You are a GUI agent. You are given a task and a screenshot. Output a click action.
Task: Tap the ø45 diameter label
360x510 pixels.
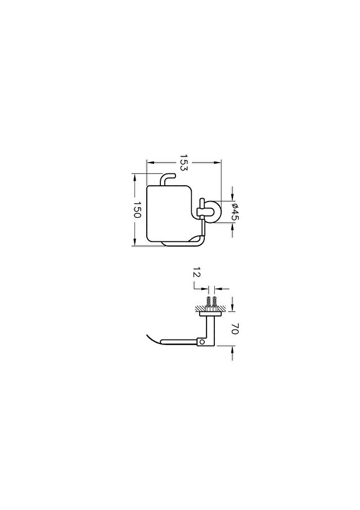pyautogui.click(x=235, y=212)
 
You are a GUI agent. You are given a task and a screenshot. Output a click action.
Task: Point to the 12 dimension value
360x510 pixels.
pyautogui.click(x=197, y=272)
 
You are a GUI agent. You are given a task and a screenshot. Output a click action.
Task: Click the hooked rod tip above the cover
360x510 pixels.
pyautogui.click(x=174, y=176)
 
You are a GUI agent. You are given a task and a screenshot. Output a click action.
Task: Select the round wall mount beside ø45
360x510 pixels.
pyautogui.click(x=215, y=212)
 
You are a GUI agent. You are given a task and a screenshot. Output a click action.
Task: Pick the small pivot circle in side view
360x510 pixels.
pyautogui.click(x=202, y=342)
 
